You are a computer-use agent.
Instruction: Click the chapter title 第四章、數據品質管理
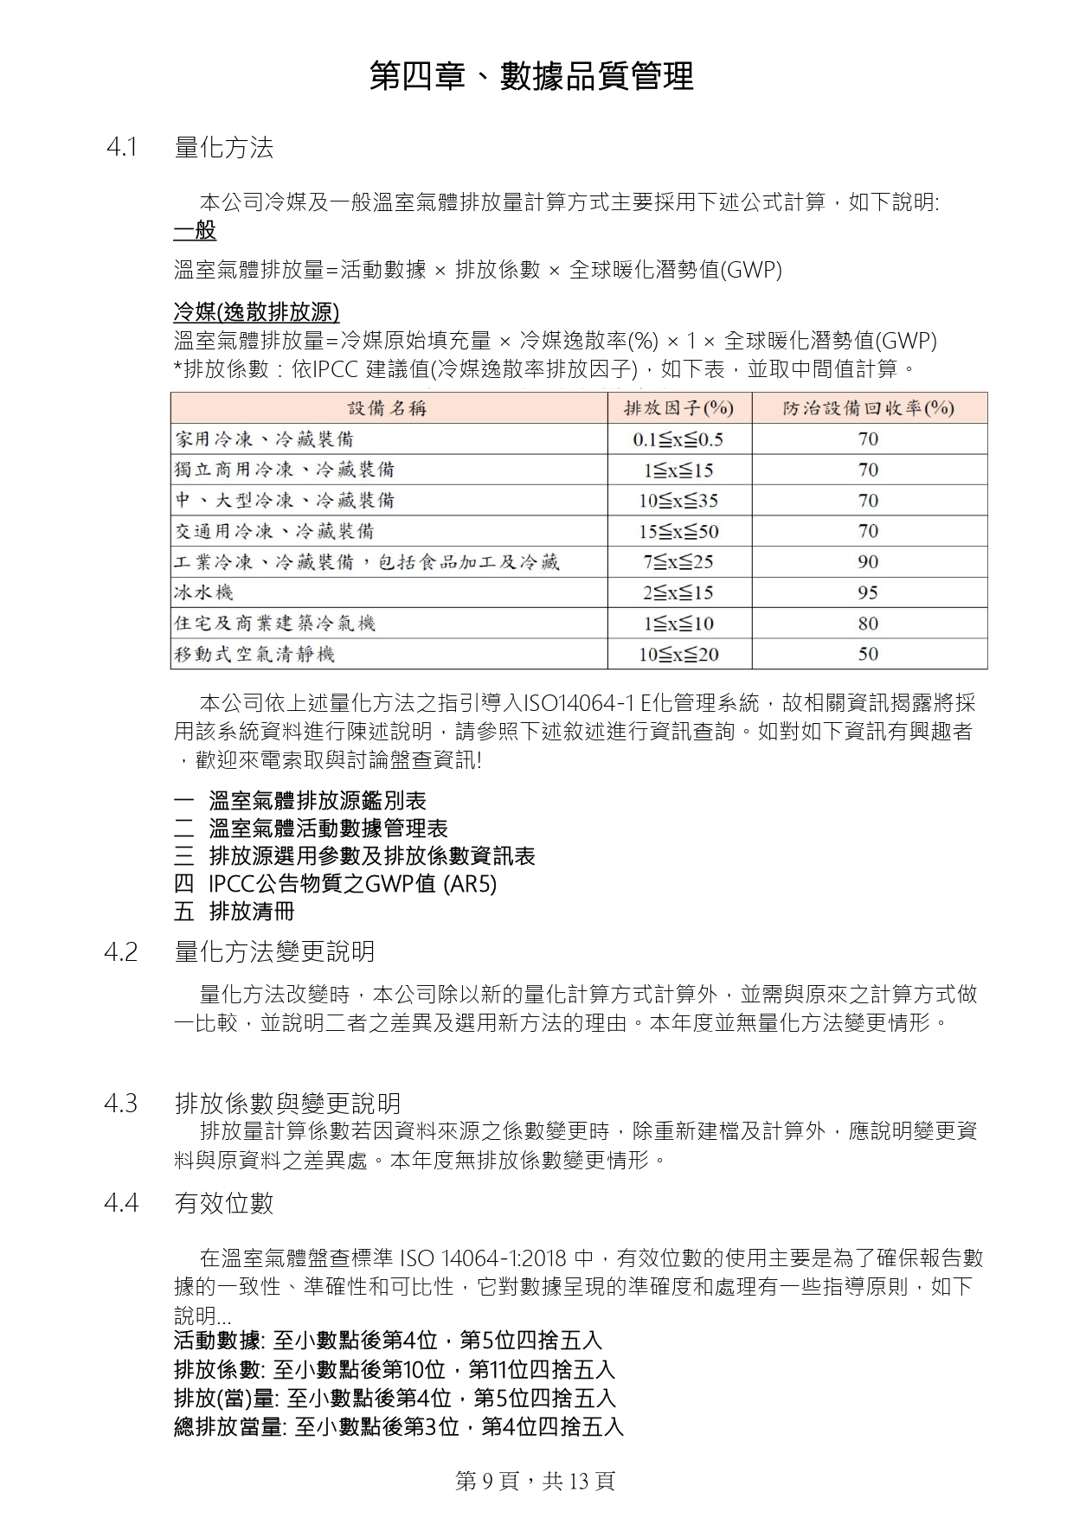click(531, 77)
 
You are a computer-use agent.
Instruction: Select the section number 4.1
click(122, 148)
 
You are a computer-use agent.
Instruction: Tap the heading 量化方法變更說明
click(274, 952)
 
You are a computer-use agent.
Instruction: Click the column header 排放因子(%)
click(678, 408)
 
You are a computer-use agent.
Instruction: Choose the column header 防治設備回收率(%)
click(868, 408)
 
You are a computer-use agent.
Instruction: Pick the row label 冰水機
click(204, 592)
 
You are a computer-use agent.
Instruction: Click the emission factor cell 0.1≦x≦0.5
click(678, 439)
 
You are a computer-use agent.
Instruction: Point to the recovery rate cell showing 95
click(868, 592)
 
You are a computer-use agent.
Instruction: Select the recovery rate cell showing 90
click(868, 562)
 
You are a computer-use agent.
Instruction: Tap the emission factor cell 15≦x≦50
click(678, 531)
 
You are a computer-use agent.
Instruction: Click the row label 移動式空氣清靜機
click(254, 654)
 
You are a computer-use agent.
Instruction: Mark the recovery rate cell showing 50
click(868, 654)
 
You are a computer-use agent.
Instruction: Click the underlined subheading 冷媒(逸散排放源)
click(256, 312)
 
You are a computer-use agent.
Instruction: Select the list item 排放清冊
click(252, 912)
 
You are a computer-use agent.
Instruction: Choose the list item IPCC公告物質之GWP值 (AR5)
click(352, 884)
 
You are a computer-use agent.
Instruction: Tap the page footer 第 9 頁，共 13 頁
click(535, 1481)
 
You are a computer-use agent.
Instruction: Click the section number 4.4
click(121, 1203)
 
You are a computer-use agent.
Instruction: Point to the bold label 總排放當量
click(228, 1427)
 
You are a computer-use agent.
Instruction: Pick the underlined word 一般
click(195, 231)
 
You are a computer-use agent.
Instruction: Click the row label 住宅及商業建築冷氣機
click(275, 624)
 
